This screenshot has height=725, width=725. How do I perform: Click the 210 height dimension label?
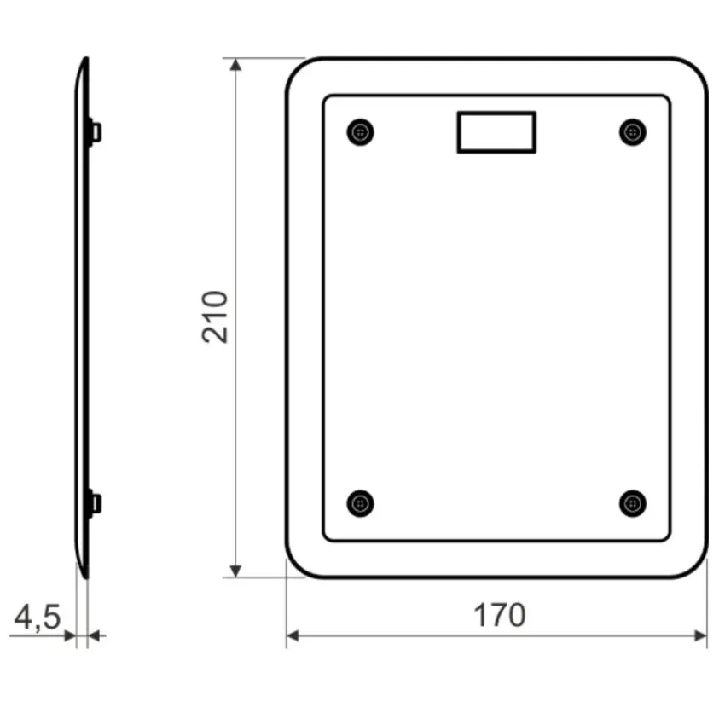[x=215, y=317]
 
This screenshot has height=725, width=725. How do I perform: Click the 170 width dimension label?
[x=500, y=615]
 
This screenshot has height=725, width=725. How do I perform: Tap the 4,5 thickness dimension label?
[x=38, y=618]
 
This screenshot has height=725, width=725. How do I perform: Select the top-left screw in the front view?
[x=360, y=132]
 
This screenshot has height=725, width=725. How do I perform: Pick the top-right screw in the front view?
[x=633, y=132]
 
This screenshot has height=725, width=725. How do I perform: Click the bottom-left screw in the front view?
[x=360, y=503]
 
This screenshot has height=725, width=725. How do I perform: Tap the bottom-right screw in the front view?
[x=633, y=503]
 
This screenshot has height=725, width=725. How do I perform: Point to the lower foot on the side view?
[x=95, y=503]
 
